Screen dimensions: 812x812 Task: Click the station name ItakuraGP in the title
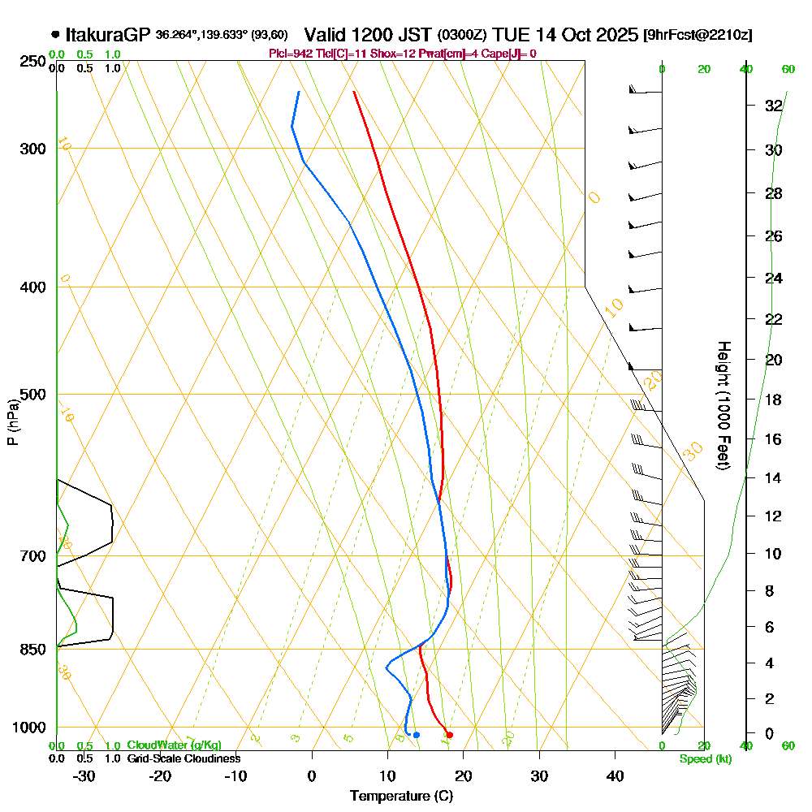[108, 35]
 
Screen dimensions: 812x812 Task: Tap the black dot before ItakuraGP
[55, 35]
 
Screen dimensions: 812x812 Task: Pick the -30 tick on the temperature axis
[84, 775]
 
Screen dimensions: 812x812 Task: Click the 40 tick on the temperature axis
[615, 775]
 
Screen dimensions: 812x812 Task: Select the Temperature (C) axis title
[401, 796]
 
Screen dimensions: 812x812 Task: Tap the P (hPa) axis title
[12, 422]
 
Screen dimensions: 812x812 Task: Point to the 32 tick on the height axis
[773, 106]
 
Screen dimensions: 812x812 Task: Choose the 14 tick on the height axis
[773, 477]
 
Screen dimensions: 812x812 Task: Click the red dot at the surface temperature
[449, 735]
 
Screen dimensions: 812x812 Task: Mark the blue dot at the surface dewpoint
[417, 735]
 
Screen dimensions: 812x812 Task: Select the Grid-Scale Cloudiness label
[183, 758]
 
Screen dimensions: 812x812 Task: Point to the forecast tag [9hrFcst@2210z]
[697, 36]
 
